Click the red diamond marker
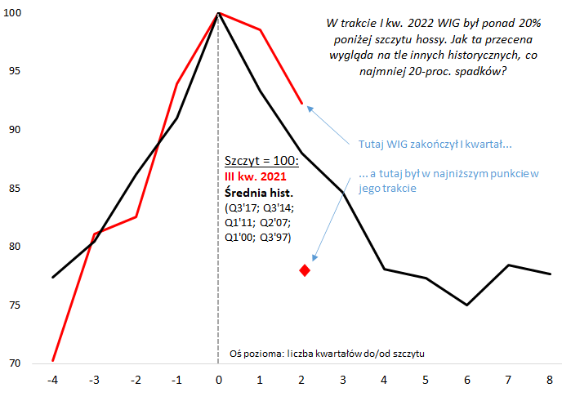305,270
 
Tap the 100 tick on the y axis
17,13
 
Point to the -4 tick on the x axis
52,381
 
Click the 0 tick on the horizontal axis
218,381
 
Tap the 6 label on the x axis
466,381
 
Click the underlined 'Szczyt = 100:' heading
261,162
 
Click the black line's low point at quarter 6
466,305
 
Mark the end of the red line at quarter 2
301,104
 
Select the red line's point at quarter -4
52,360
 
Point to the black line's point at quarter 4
384,269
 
